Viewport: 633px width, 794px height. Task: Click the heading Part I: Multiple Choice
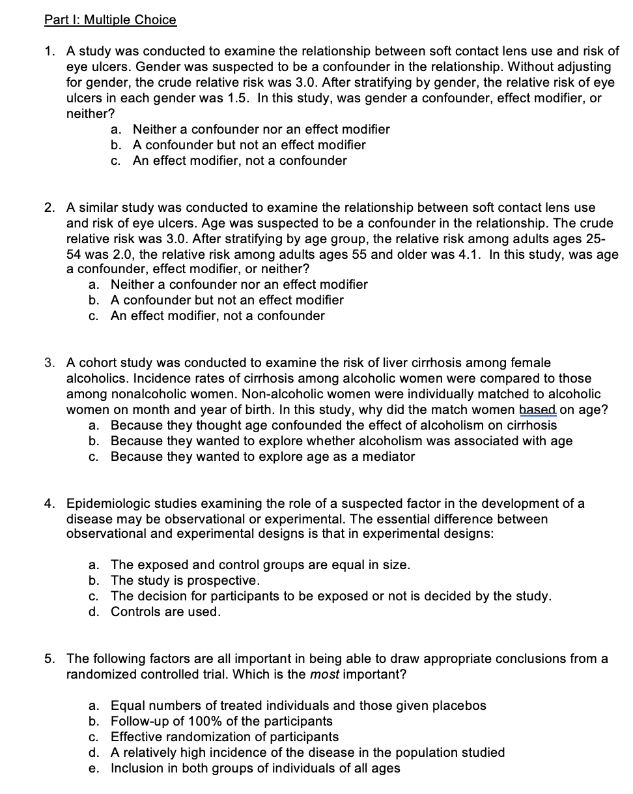(110, 20)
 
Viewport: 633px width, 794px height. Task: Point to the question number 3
(49, 362)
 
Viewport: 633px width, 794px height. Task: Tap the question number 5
(49, 658)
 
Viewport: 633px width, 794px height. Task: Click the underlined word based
(537, 409)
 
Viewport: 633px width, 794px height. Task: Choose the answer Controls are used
(165, 611)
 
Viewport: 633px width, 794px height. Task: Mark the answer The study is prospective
(185, 580)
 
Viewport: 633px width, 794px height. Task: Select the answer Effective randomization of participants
(225, 737)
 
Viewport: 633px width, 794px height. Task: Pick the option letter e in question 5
(94, 768)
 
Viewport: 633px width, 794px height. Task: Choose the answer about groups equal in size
(260, 565)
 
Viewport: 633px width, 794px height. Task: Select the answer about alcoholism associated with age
(341, 441)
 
